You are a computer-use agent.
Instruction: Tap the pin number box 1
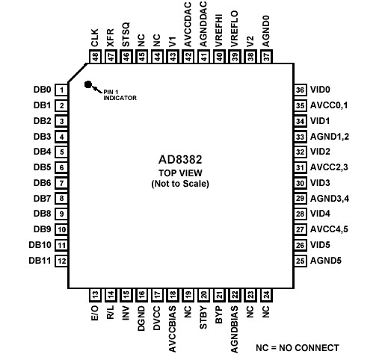[x=62, y=89]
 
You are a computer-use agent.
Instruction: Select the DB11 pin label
[x=40, y=261]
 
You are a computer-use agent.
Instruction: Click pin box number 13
[x=95, y=294]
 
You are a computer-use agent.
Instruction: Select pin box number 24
[x=267, y=294]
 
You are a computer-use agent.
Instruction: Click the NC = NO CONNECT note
[x=297, y=347]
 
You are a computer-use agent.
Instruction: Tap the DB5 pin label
[x=42, y=167]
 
